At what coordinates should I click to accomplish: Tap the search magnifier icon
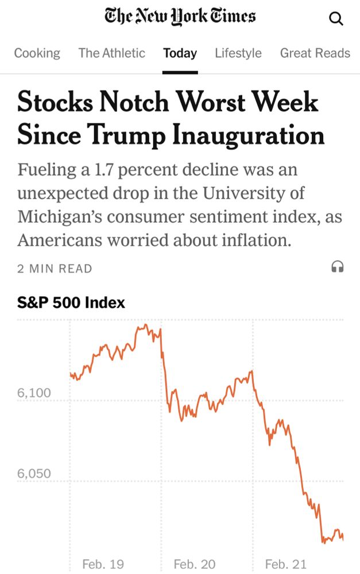(x=336, y=19)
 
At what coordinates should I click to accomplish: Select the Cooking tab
(x=37, y=53)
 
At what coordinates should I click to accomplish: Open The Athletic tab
(x=112, y=53)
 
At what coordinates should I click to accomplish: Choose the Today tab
(x=180, y=53)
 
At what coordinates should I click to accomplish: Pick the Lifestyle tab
(x=238, y=53)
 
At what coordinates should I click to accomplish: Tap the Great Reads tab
(x=315, y=53)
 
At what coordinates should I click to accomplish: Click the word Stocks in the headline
(x=55, y=103)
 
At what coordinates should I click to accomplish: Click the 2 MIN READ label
(x=55, y=269)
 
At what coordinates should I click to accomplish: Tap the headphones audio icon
(x=338, y=267)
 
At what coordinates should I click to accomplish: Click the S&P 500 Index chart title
(x=71, y=302)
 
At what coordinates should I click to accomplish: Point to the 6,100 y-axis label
(x=34, y=393)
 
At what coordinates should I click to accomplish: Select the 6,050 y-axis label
(x=34, y=474)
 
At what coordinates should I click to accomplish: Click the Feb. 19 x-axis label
(x=103, y=564)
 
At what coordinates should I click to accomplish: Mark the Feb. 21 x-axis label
(x=285, y=564)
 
